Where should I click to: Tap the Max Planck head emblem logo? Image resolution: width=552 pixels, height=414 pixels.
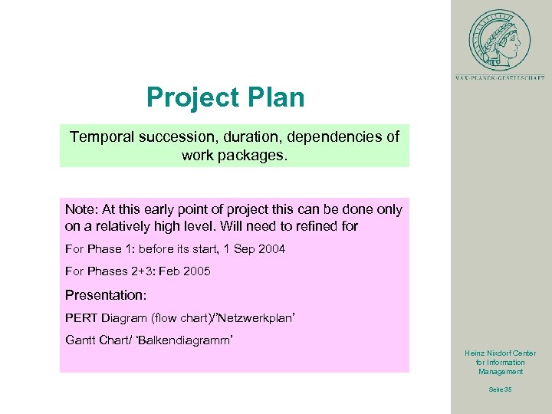(500, 39)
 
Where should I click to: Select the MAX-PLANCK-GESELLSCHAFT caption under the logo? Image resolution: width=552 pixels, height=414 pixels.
(500, 77)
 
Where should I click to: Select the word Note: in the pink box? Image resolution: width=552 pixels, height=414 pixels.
(80, 209)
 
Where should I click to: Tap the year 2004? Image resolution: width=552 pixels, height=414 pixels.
(271, 249)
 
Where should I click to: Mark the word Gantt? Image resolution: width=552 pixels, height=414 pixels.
(82, 340)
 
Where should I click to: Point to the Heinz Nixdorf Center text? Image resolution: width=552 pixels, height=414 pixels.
(501, 353)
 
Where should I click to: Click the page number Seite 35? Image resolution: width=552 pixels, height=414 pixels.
(501, 389)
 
